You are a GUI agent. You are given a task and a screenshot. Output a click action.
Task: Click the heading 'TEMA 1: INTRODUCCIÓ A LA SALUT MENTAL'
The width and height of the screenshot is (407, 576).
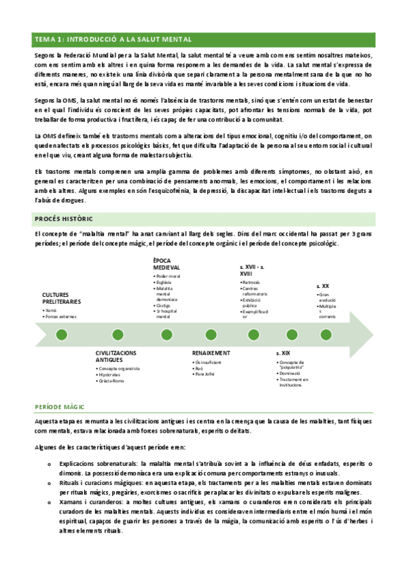[x=113, y=39]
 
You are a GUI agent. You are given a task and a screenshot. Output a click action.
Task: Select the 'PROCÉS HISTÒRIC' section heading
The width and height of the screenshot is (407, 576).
[x=64, y=218]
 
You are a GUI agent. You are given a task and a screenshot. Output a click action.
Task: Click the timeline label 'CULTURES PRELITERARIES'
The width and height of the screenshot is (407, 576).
[x=61, y=298]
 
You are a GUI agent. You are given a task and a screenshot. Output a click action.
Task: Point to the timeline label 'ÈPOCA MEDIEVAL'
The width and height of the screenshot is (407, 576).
[x=166, y=264]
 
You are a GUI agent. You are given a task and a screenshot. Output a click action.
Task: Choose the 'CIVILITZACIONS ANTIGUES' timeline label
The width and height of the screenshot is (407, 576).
[x=116, y=357]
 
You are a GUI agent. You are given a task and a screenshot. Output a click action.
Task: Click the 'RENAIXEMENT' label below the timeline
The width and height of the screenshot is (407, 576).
[x=211, y=354]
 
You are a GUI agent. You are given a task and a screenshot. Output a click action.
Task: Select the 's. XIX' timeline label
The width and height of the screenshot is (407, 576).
[x=283, y=354]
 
